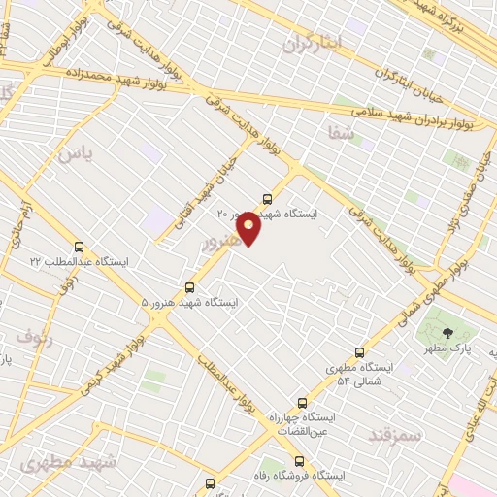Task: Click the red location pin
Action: tap(249, 228)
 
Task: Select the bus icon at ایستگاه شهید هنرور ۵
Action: tap(189, 286)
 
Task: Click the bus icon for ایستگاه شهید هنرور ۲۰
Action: tap(268, 199)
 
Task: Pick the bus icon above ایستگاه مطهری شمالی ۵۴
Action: tap(360, 352)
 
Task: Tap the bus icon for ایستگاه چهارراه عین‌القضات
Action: tap(302, 402)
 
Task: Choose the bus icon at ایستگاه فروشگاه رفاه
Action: tap(297, 461)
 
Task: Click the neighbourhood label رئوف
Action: tap(34, 336)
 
